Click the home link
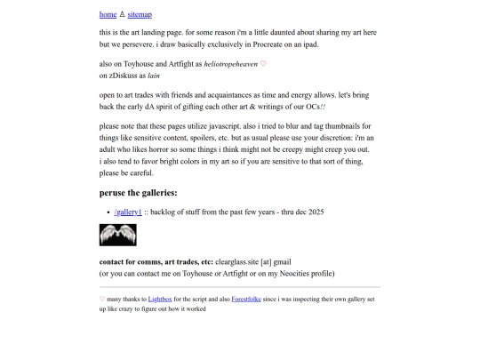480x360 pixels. (x=108, y=14)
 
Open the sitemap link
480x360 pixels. (x=140, y=14)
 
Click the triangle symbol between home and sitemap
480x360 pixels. (x=122, y=14)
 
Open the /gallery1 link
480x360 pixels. (x=128, y=212)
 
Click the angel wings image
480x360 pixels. (x=117, y=235)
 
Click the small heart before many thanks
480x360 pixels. (x=102, y=300)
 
